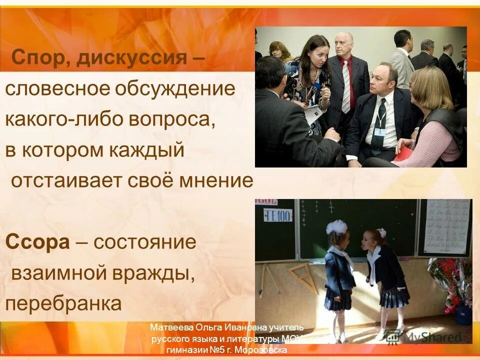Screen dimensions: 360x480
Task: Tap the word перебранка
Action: tap(63, 303)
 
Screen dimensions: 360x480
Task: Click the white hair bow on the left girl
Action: tap(336, 228)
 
